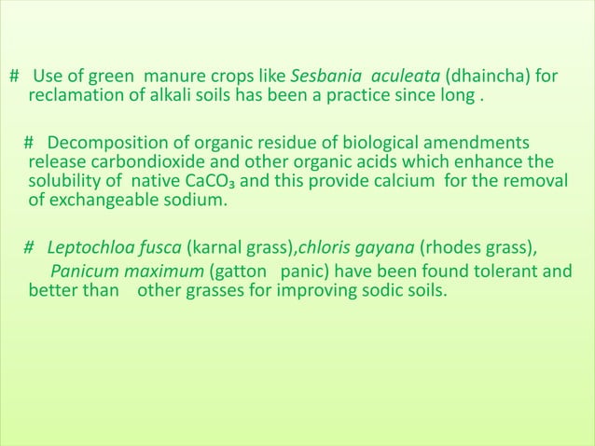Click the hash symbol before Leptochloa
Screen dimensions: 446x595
[x=30, y=248]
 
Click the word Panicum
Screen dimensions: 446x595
[x=84, y=273]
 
